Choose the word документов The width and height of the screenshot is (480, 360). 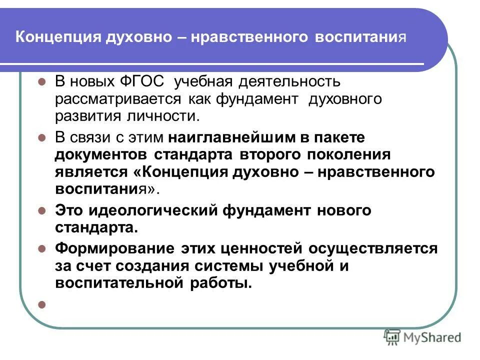tap(101, 154)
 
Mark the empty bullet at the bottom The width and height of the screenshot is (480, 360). tap(42, 303)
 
